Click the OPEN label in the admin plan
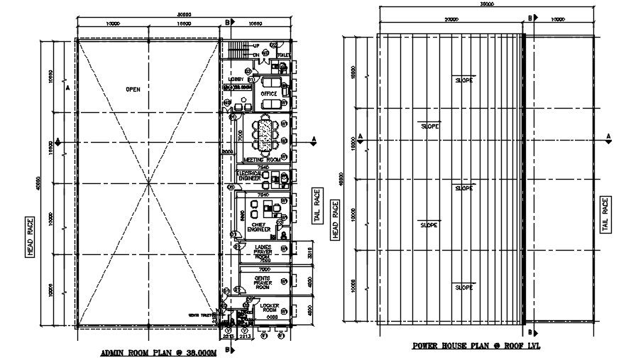pyautogui.click(x=133, y=89)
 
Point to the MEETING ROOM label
pyautogui.click(x=263, y=160)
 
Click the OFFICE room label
pyautogui.click(x=268, y=94)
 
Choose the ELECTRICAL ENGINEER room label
pyautogui.click(x=248, y=175)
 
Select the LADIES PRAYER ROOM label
pyautogui.click(x=264, y=251)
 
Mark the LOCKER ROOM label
pyautogui.click(x=268, y=309)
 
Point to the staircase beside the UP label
pyautogui.click(x=236, y=50)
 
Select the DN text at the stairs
pyautogui.click(x=255, y=55)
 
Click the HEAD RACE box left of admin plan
pyautogui.click(x=31, y=237)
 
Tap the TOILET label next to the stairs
pyautogui.click(x=282, y=55)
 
